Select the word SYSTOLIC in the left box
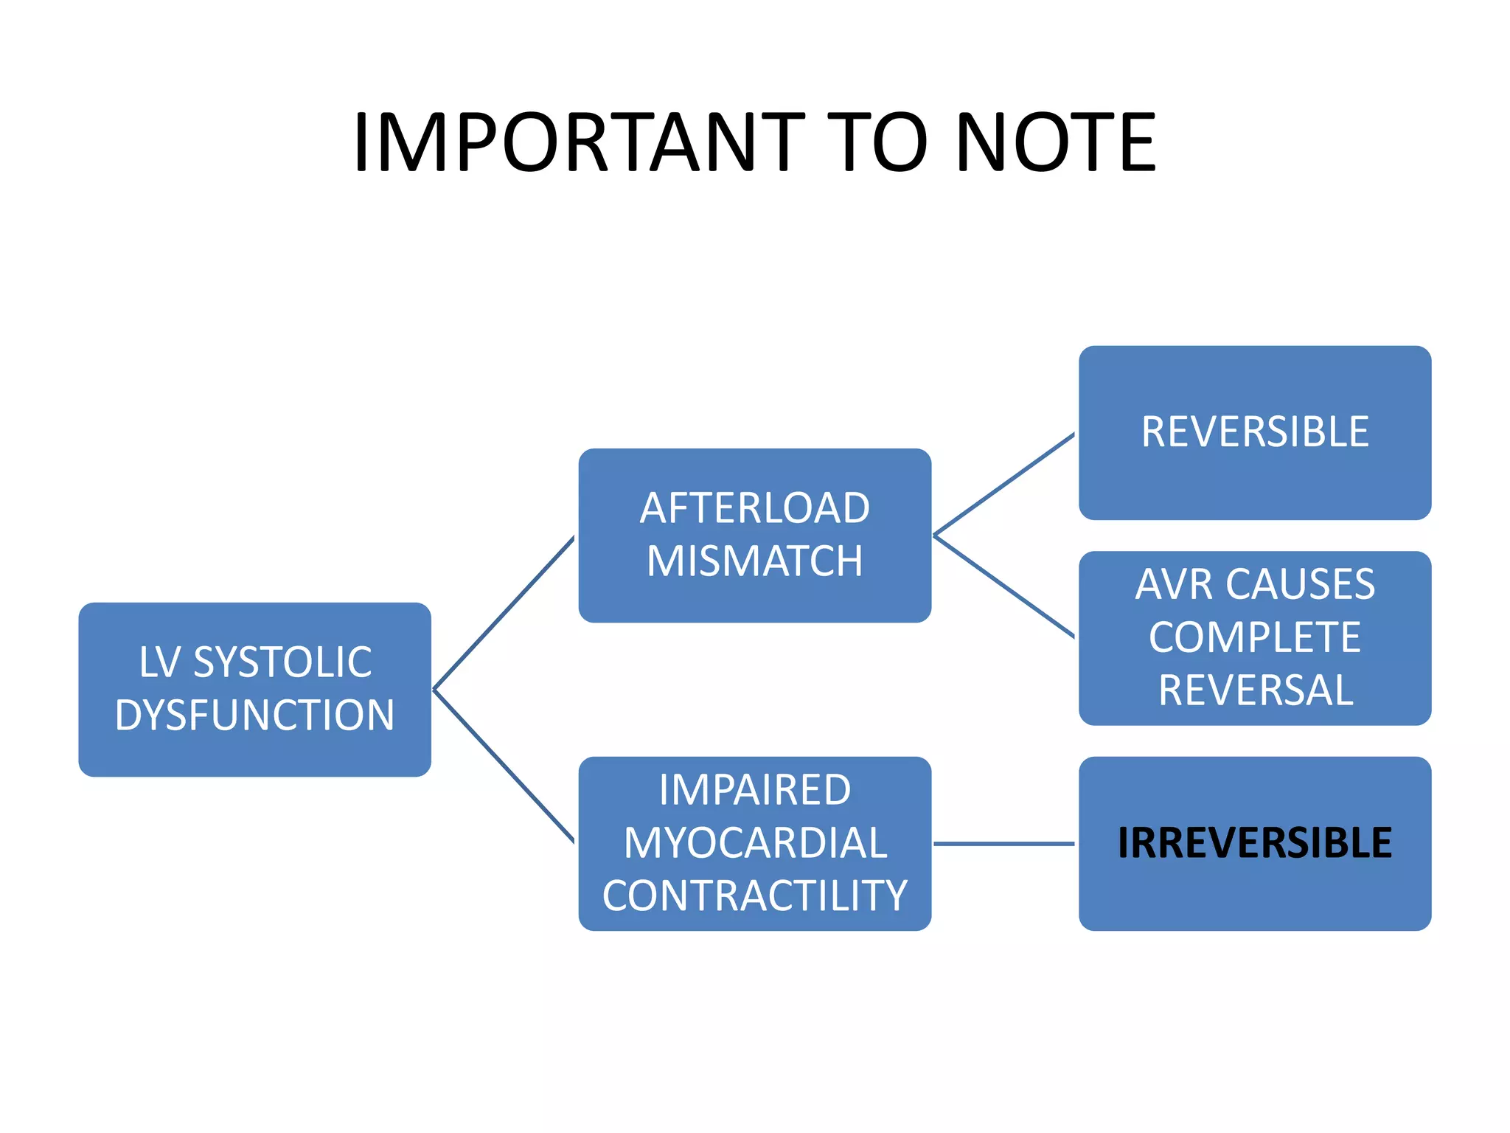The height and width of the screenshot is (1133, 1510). [x=282, y=662]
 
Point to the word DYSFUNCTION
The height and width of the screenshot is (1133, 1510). [x=255, y=715]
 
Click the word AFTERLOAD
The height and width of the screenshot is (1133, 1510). [x=754, y=508]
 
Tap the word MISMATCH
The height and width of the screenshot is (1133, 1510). [x=754, y=561]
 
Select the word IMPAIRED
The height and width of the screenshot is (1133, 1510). [x=754, y=790]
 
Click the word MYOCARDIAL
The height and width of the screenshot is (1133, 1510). [x=754, y=843]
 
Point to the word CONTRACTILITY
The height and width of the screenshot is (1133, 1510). [x=754, y=895]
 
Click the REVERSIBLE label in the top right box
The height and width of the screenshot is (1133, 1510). [x=1255, y=432]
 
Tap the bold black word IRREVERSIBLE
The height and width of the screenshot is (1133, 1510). [x=1255, y=843]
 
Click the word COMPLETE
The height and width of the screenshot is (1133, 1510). [x=1255, y=637]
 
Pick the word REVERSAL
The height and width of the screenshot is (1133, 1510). [x=1255, y=690]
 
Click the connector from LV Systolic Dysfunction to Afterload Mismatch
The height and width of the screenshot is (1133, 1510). [x=504, y=614]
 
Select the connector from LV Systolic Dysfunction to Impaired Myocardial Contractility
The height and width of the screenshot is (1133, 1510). [x=504, y=766]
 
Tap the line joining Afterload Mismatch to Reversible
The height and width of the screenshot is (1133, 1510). [x=1004, y=485]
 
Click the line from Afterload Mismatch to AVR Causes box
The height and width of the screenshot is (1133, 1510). [x=1004, y=586]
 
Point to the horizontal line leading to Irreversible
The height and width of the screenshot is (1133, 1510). [x=1004, y=843]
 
